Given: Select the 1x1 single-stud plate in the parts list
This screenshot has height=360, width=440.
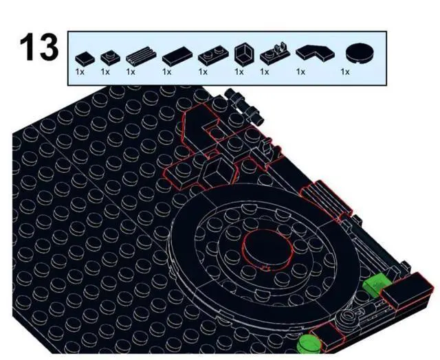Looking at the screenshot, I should pos(107,57).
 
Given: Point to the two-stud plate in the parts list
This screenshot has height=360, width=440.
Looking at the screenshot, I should pos(208,56).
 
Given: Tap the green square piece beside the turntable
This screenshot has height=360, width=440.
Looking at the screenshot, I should pos(377,283).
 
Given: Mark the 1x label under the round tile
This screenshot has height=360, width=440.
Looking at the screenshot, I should pos(345,71).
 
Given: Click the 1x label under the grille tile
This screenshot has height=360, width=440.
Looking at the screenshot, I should pos(131,71).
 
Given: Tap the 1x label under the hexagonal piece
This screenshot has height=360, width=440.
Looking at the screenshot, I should pos(239,71).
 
